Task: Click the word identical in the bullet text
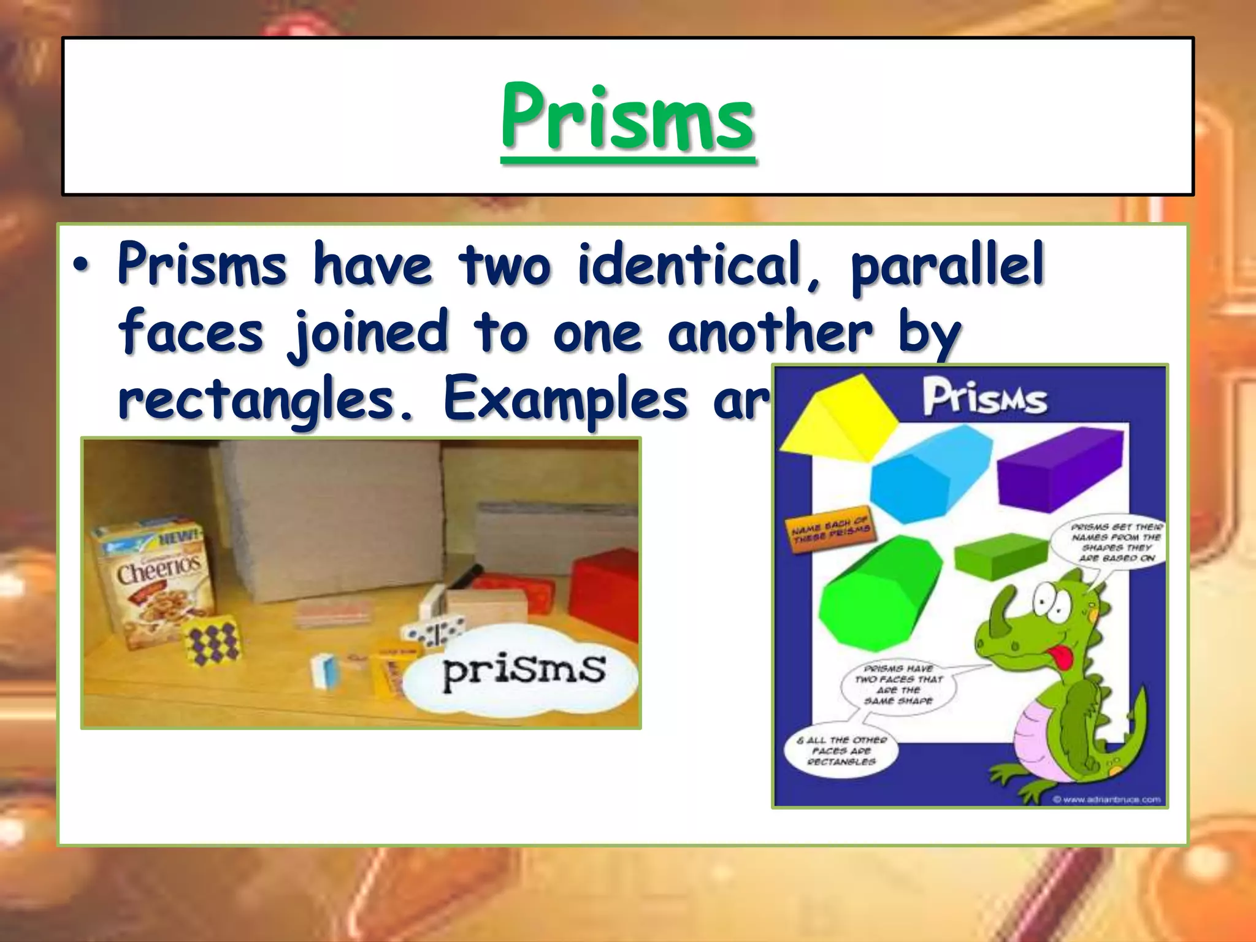[690, 265]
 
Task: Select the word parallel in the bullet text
[947, 265]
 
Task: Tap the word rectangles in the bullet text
[265, 400]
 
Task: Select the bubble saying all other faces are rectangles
[841, 751]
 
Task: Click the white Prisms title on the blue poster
[984, 399]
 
